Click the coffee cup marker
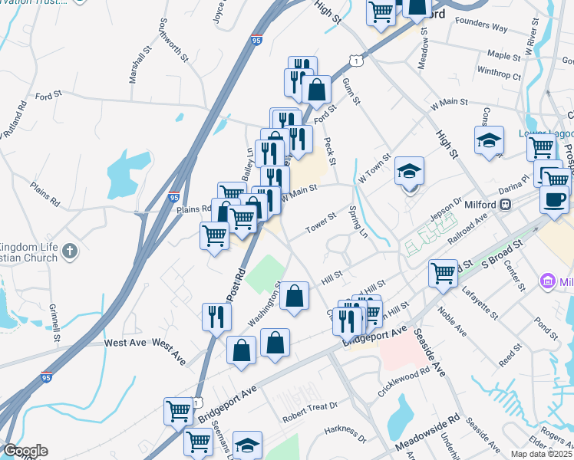pos(553,199)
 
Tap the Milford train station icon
pos(506,205)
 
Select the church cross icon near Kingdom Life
pos(70,251)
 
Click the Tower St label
pos(320,222)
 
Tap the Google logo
pos(25,451)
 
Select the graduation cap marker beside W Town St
pos(410,172)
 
